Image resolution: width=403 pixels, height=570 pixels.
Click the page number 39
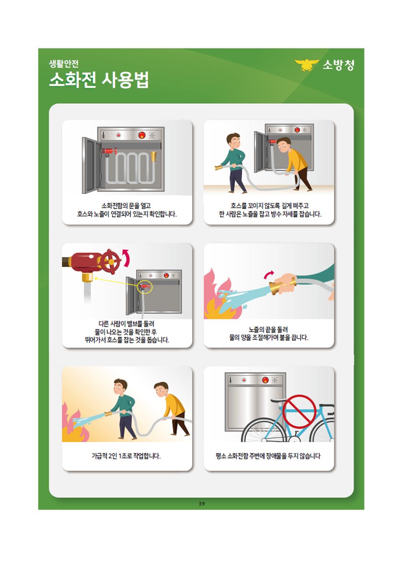[201, 503]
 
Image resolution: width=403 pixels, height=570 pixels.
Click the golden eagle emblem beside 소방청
[307, 65]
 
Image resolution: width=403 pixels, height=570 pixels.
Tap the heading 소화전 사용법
[99, 80]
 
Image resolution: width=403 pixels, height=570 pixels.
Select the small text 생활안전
[64, 64]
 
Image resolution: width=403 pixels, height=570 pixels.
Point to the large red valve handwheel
[110, 261]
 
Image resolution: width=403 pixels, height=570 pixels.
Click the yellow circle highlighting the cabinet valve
[145, 286]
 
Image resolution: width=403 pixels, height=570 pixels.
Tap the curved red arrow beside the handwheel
[126, 258]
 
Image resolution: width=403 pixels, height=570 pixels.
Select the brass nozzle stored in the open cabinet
[154, 156]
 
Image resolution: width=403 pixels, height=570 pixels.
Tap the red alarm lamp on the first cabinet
[142, 135]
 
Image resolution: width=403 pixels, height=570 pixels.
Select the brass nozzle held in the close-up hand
[283, 286]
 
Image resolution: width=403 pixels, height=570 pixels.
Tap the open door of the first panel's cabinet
[91, 165]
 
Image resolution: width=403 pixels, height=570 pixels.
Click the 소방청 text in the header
[338, 65]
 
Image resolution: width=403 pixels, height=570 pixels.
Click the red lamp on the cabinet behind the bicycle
[265, 380]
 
